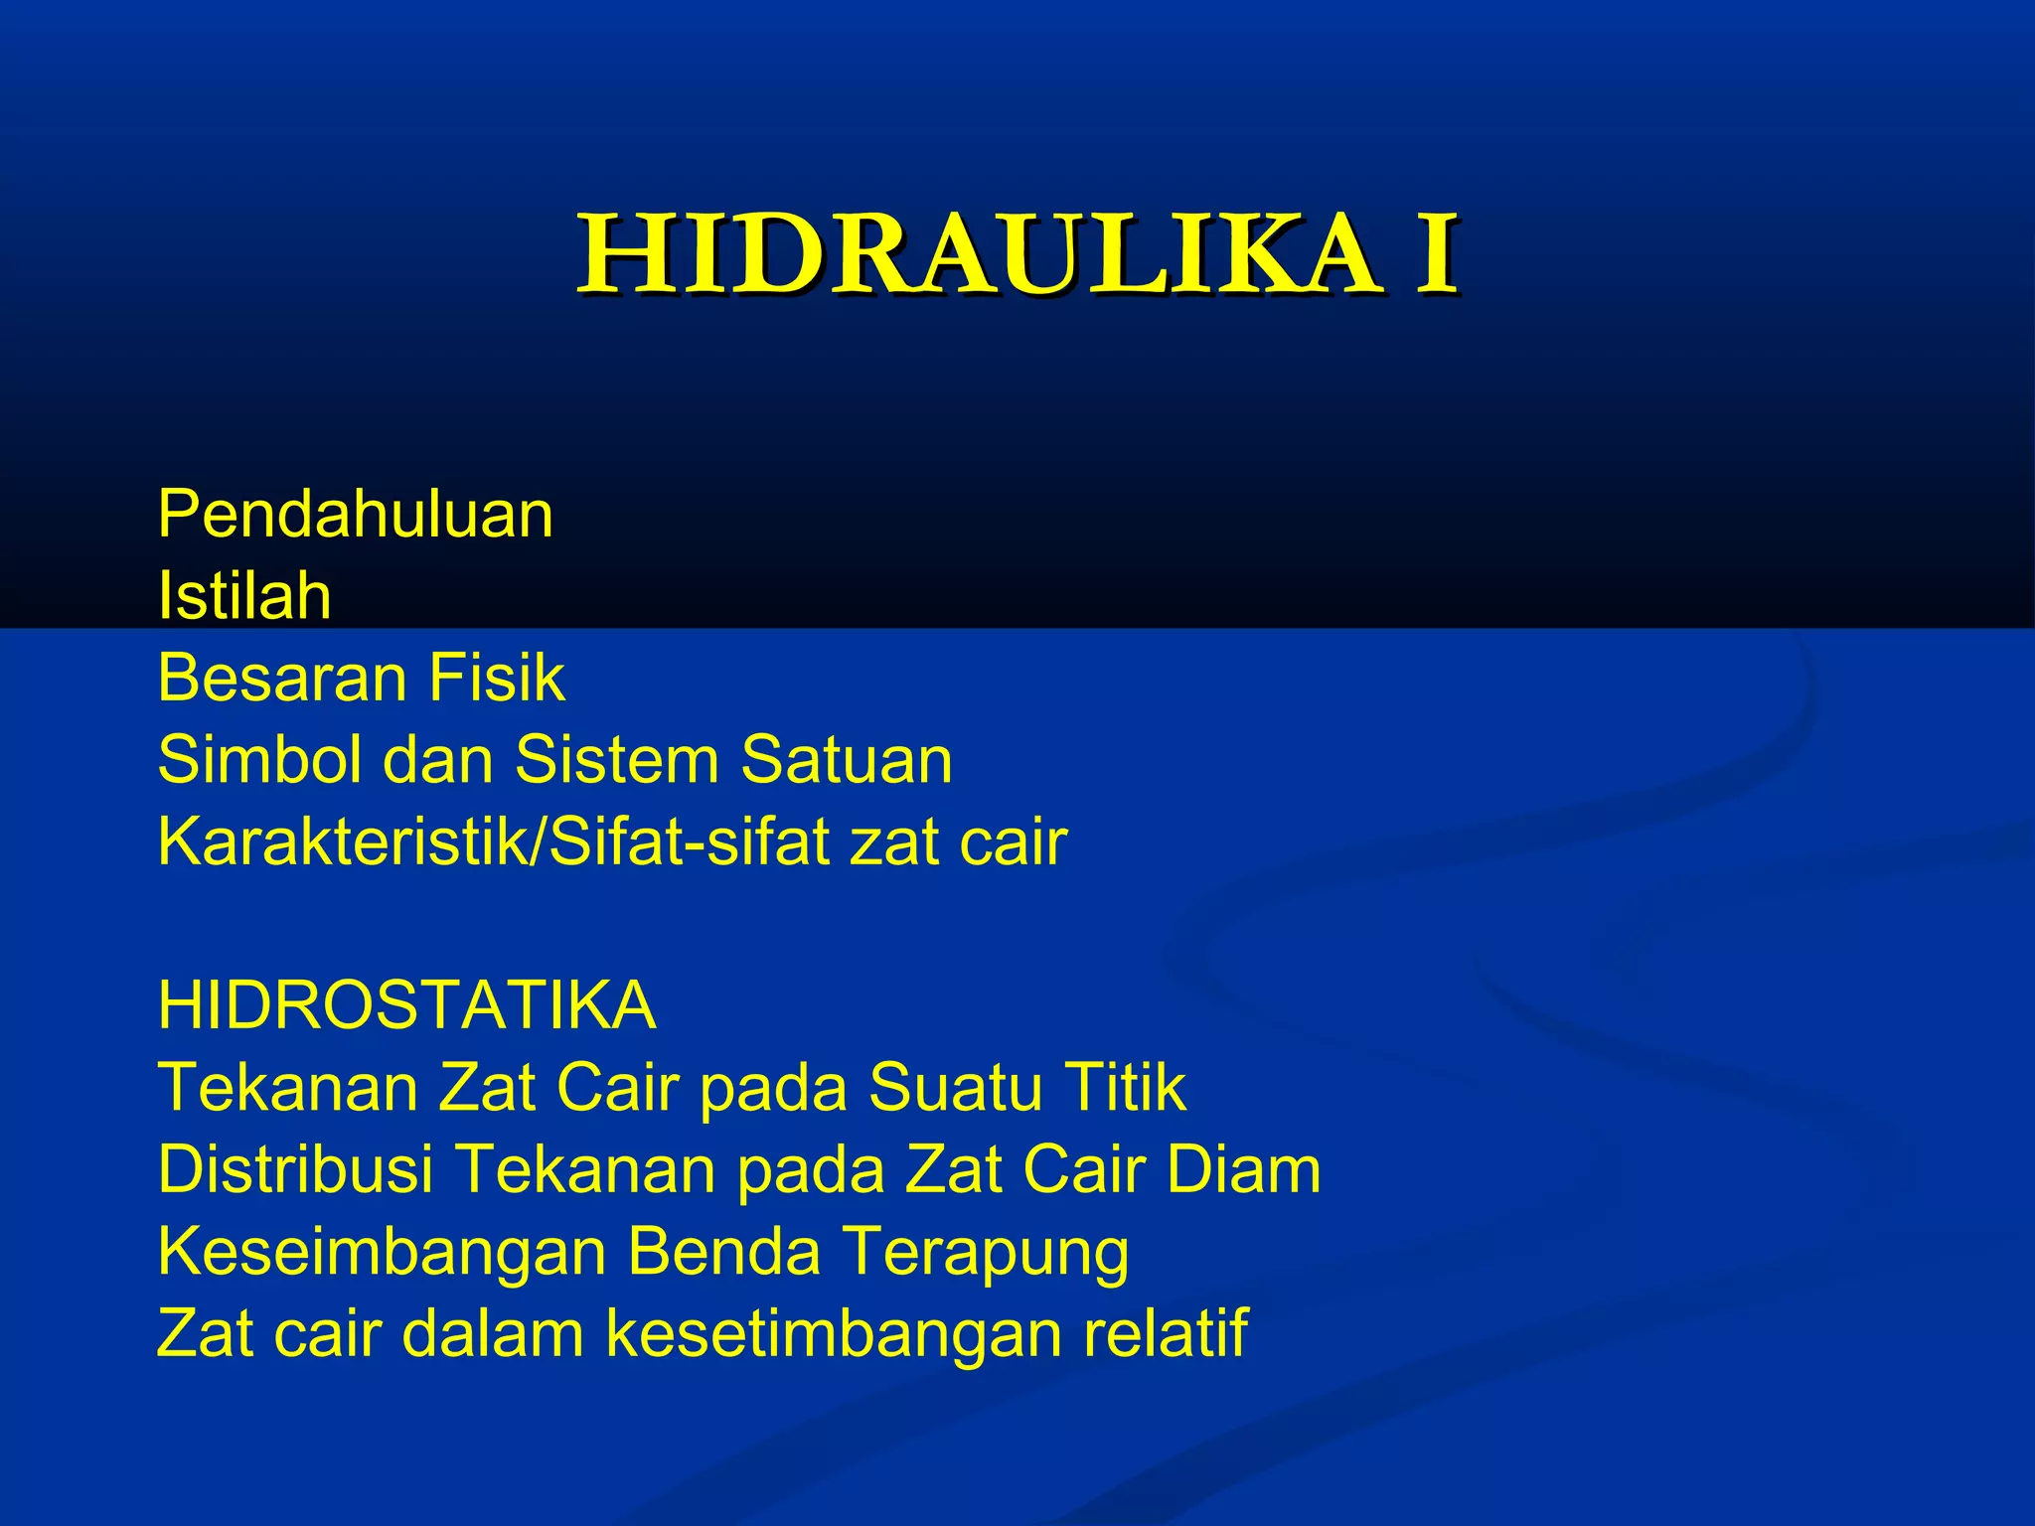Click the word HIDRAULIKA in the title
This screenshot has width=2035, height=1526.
[979, 255]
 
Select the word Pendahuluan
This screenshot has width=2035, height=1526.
[355, 515]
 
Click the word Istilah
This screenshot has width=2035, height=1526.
[244, 596]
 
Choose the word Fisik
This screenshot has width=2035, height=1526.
[497, 679]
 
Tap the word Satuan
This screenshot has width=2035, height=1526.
[847, 760]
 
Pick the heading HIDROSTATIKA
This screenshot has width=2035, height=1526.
[406, 1005]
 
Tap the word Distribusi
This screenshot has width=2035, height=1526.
[295, 1169]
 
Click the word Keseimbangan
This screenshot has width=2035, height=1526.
[382, 1252]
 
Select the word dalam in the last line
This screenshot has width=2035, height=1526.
[493, 1333]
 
